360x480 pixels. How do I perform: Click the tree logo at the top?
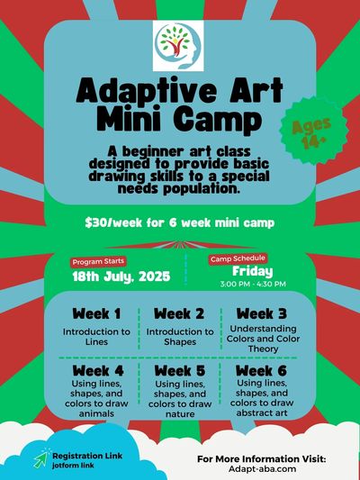(x=178, y=46)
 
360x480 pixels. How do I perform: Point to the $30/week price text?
(x=179, y=222)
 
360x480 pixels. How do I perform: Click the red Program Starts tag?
(x=98, y=262)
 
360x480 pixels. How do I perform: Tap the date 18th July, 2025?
(x=121, y=276)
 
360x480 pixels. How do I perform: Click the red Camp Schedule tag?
(x=238, y=259)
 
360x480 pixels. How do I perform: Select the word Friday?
(x=252, y=271)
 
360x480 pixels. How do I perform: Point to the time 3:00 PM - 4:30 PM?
(x=253, y=284)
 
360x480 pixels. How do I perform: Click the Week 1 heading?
(x=96, y=313)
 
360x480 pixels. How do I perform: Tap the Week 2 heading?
(x=179, y=313)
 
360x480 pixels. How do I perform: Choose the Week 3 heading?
(x=262, y=313)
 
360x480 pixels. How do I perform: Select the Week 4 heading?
(x=98, y=371)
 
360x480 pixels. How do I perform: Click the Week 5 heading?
(x=180, y=371)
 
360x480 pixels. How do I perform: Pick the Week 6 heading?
(x=261, y=371)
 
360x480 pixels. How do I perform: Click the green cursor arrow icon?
(x=41, y=459)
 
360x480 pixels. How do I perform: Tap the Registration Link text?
(x=87, y=456)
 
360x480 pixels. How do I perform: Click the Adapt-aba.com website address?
(x=262, y=469)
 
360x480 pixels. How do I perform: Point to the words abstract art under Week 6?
(x=262, y=413)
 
